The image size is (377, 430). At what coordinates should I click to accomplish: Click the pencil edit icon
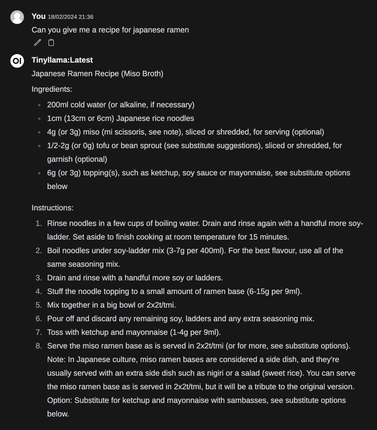(37, 43)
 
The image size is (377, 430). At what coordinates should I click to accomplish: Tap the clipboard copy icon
(51, 43)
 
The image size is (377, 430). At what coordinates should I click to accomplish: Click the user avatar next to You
(17, 17)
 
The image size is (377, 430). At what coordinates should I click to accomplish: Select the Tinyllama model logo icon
(17, 61)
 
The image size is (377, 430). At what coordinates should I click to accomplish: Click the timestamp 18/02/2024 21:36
(71, 17)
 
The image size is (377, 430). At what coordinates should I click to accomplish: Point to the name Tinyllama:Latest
(62, 60)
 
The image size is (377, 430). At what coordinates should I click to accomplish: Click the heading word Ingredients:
(52, 89)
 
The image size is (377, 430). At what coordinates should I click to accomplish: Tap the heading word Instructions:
(53, 208)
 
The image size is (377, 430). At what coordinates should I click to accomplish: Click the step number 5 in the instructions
(39, 305)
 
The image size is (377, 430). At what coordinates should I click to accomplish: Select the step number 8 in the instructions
(39, 346)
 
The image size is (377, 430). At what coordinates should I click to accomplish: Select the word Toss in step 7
(55, 332)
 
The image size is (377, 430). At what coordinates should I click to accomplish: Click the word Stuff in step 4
(56, 291)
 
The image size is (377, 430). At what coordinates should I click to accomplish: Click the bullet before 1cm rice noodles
(39, 119)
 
